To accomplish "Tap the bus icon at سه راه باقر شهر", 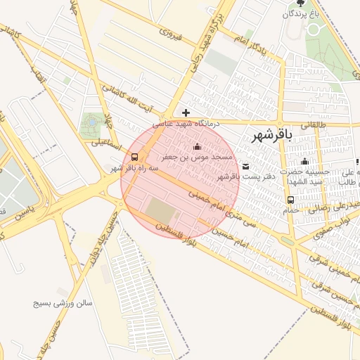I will point(134,157).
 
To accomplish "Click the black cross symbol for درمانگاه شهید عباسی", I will point(186,112).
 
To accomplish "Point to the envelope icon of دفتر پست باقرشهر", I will point(245,167).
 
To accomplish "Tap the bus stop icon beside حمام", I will point(291,199).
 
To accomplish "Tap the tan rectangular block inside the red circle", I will point(162,210).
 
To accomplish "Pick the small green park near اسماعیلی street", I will point(91,124).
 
